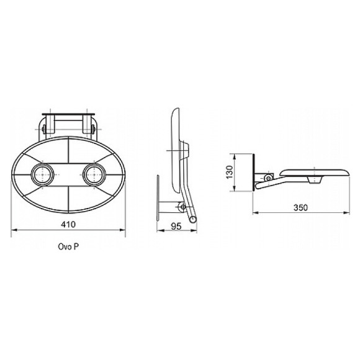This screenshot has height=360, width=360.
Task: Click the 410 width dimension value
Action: [x=68, y=224]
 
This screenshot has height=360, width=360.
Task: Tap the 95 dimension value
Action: [x=176, y=226]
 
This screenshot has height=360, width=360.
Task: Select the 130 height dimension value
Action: [x=230, y=172]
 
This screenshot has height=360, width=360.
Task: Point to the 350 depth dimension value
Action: [x=300, y=207]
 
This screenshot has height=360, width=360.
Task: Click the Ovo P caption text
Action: [x=68, y=246]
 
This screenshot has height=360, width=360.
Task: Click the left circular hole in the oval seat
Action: [x=42, y=174]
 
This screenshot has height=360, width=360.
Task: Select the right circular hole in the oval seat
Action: [x=94, y=174]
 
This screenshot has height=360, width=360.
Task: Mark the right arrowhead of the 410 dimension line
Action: [x=122, y=230]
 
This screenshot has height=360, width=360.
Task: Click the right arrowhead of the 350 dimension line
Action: [x=346, y=213]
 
